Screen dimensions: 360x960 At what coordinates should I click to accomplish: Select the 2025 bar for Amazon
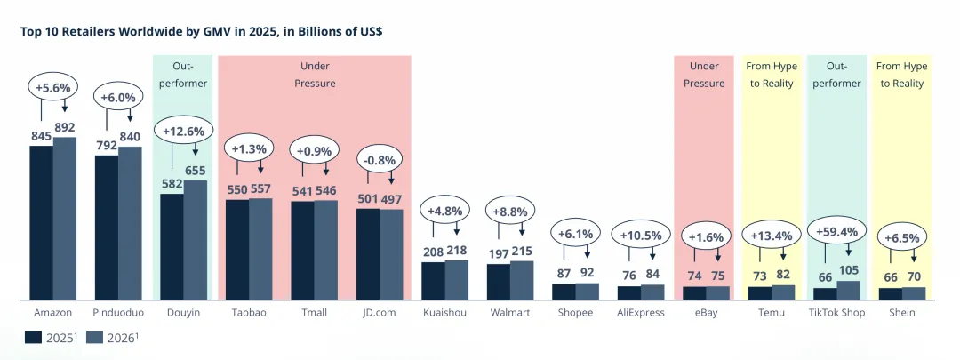click(41, 221)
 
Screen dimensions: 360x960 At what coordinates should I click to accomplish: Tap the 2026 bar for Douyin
click(195, 239)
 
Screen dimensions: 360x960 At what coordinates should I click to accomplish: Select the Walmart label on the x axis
click(509, 313)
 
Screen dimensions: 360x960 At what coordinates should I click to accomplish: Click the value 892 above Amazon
click(65, 127)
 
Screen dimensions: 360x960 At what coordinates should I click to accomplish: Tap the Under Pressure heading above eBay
click(704, 75)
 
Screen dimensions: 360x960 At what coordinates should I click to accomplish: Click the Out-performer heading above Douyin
click(183, 75)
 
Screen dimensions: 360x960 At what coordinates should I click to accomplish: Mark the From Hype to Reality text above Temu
click(771, 75)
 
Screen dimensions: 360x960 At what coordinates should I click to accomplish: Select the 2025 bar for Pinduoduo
click(106, 227)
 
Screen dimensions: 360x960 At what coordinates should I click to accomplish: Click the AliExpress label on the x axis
click(640, 313)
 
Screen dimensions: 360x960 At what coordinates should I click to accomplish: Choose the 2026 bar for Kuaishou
click(456, 279)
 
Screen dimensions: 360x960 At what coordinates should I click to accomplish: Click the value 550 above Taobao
click(236, 189)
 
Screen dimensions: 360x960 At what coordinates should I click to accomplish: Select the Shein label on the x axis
click(901, 313)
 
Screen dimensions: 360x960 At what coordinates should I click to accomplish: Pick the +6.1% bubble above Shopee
click(575, 234)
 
